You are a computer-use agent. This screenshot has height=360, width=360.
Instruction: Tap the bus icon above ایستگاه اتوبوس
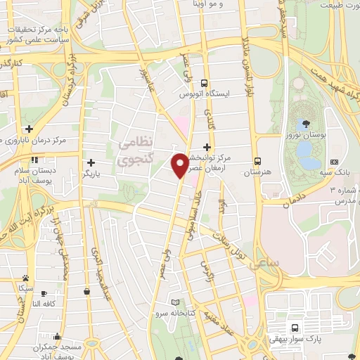click(204, 82)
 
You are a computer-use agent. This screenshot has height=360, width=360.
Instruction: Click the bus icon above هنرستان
click(258, 160)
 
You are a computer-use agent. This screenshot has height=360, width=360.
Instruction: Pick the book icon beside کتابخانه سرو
click(185, 302)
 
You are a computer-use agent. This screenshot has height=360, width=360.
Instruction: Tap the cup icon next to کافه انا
click(44, 293)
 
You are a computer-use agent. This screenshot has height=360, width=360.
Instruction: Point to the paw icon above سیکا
click(25, 278)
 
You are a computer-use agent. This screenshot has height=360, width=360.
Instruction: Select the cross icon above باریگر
click(90, 162)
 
